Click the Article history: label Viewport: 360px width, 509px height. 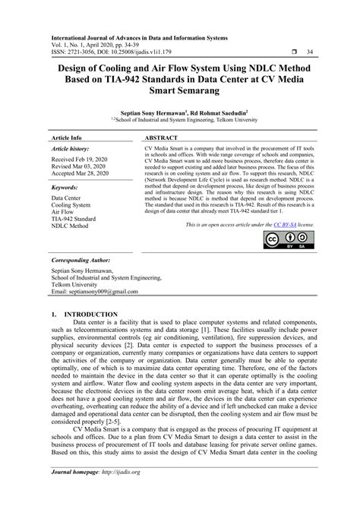point(71,151)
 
